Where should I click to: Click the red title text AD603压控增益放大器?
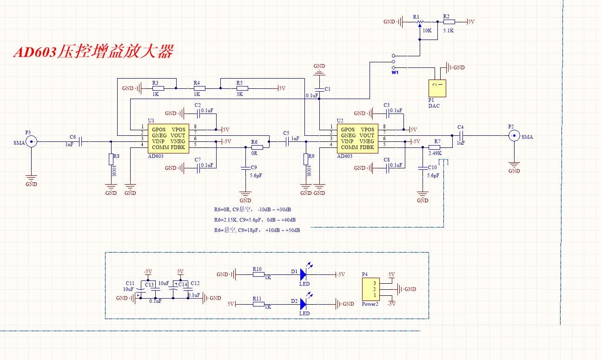(x=93, y=52)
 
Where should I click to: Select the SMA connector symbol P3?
(x=31, y=141)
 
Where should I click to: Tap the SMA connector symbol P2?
(x=514, y=136)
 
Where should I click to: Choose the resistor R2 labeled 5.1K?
(x=449, y=21)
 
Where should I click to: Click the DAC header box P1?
(x=437, y=88)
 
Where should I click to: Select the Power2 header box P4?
(x=371, y=289)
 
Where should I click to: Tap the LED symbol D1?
(x=304, y=274)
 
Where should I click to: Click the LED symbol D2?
(x=304, y=304)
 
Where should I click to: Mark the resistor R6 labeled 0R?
(x=257, y=147)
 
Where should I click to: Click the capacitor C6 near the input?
(x=80, y=141)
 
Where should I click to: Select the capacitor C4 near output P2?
(x=461, y=135)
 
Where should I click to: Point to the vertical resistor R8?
(x=111, y=159)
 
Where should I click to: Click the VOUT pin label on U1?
(x=178, y=135)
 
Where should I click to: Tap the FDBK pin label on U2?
(x=367, y=147)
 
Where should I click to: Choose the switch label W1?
(x=395, y=73)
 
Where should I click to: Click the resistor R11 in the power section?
(x=258, y=304)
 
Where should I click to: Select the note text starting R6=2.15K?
(x=255, y=220)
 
